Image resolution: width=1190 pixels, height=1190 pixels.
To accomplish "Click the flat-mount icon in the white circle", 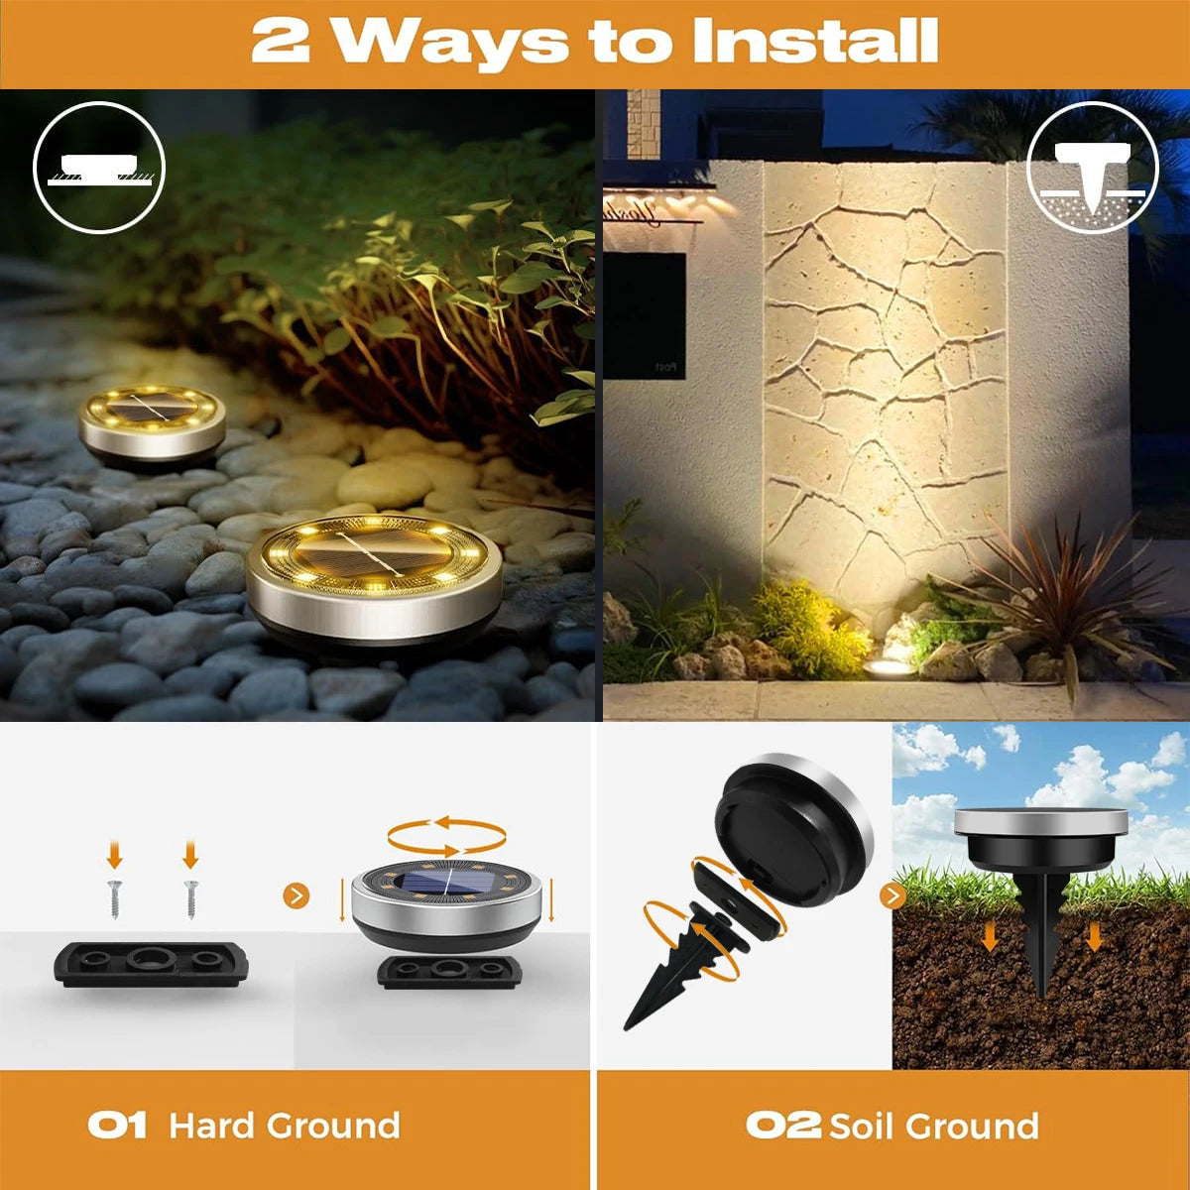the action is click(99, 168).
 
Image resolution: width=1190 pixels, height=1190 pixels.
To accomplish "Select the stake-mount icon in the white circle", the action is click(1093, 168).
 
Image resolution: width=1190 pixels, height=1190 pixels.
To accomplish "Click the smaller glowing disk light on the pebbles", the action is click(153, 426).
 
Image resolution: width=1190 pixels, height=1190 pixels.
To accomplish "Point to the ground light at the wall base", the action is click(890, 667).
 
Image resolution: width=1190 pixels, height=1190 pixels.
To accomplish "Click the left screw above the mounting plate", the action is click(114, 899).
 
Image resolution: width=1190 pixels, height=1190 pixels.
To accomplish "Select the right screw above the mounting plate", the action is click(190, 899).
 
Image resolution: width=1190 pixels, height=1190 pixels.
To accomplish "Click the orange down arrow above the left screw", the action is click(114, 854).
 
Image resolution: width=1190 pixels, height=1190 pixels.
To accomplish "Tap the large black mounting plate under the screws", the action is click(152, 963).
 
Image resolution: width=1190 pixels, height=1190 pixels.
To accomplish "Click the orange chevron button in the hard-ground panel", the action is click(296, 895).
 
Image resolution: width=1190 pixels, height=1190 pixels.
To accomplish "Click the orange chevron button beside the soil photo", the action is click(892, 895).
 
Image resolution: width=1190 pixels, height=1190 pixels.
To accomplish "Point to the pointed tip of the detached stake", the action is click(626, 1028).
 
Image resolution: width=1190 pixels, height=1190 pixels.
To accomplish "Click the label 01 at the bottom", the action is click(117, 1126).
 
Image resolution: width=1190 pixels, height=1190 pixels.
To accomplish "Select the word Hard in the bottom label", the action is click(209, 1126).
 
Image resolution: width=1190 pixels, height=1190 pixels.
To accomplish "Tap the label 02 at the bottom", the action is click(782, 1126).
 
